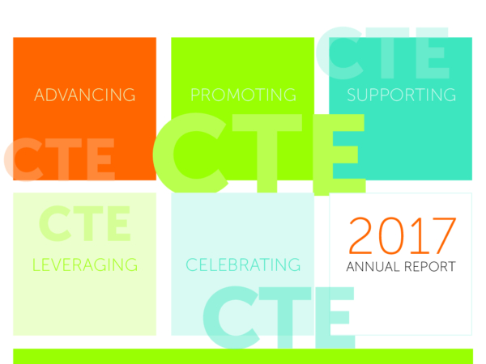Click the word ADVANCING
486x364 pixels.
84,95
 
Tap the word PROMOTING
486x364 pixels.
243,95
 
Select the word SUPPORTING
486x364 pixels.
402,95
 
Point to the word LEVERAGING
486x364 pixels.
85,265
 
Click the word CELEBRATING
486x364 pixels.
243,265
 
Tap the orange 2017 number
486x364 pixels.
403,235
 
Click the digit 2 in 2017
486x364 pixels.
361,235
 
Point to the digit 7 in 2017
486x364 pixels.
443,236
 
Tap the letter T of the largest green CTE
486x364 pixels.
267,153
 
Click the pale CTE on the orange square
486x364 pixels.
59,159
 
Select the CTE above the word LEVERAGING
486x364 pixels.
84,223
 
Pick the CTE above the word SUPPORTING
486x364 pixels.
382,53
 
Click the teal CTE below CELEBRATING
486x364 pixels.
279,318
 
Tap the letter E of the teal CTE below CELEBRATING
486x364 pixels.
335,318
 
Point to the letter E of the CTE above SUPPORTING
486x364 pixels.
432,53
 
